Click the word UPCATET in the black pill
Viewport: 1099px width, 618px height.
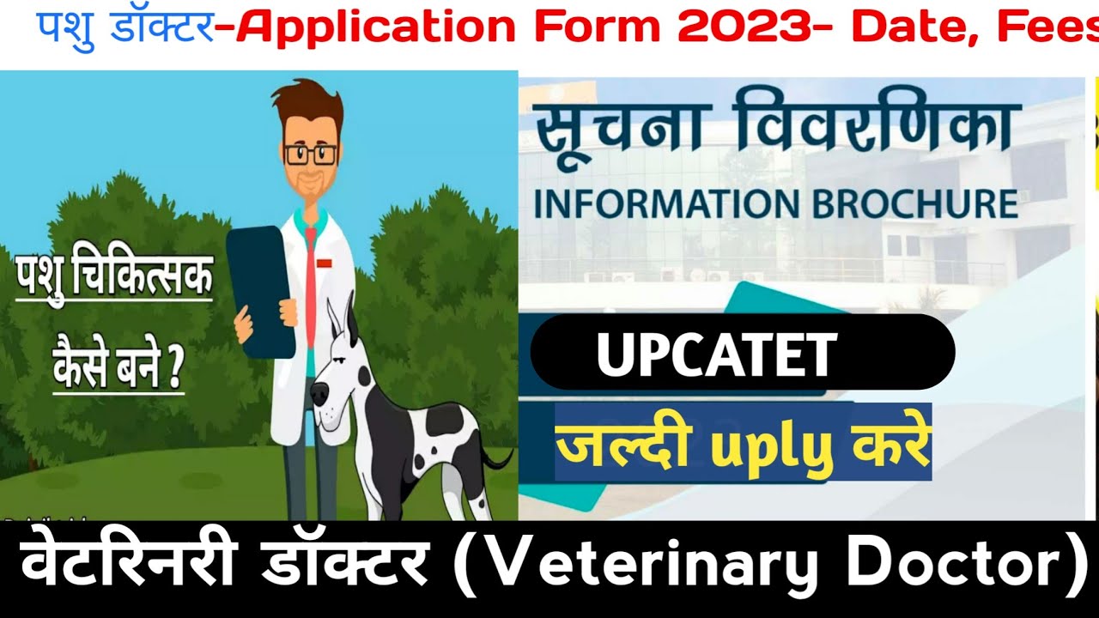click(716, 354)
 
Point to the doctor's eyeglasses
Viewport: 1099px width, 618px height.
click(310, 154)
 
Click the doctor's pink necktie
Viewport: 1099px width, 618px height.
click(310, 283)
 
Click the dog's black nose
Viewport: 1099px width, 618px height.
click(318, 395)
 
